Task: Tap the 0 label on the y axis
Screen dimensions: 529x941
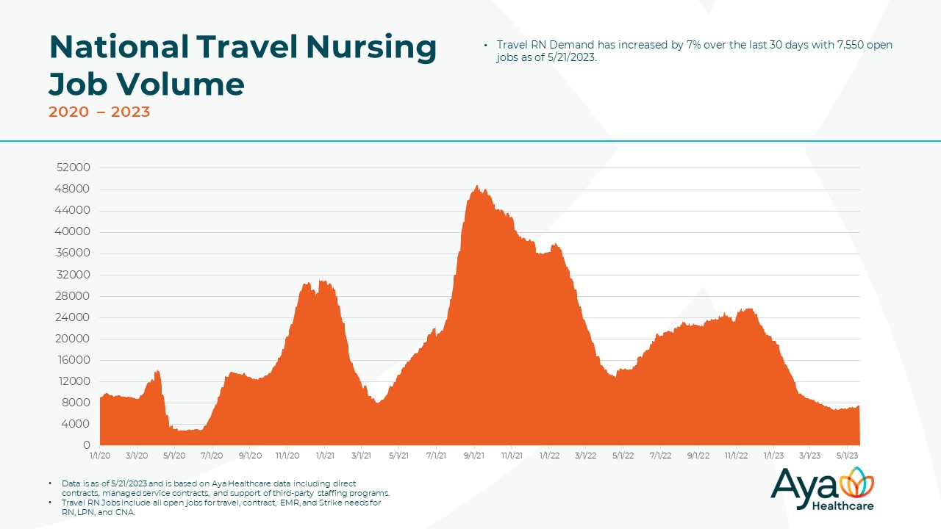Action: (x=87, y=445)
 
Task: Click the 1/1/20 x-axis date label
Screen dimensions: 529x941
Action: (x=100, y=456)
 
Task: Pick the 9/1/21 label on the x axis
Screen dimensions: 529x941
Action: (x=474, y=456)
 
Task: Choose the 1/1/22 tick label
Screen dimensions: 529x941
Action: (x=548, y=456)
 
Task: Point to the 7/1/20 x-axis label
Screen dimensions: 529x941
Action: (x=212, y=456)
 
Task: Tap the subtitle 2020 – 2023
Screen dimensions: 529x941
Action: (x=99, y=112)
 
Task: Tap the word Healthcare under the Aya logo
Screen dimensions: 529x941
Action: (x=842, y=505)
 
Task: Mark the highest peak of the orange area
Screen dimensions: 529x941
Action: (x=477, y=186)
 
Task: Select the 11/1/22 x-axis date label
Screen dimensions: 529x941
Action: (x=735, y=456)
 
